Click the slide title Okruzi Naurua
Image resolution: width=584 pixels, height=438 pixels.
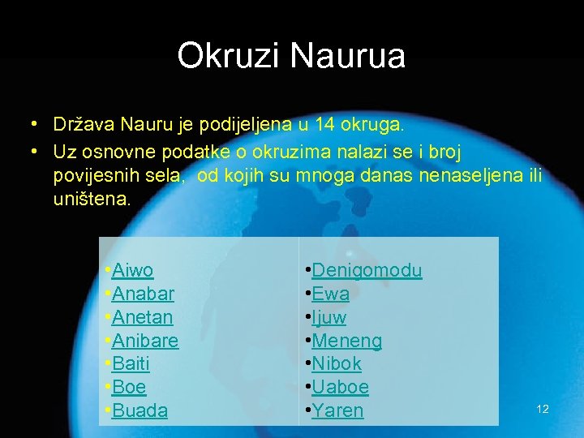click(291, 56)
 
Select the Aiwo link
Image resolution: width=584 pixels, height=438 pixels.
click(133, 270)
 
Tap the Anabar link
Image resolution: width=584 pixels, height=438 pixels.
click(143, 294)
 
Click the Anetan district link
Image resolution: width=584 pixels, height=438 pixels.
click(143, 317)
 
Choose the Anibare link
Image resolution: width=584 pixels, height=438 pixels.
click(145, 341)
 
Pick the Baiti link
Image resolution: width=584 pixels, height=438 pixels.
click(131, 364)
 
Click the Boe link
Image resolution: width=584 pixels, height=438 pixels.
click(129, 387)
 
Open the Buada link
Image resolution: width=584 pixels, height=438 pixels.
click(140, 410)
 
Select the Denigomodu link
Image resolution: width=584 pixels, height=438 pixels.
click(367, 270)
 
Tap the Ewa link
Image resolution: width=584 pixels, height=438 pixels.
click(330, 294)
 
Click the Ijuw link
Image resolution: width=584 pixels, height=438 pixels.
click(328, 317)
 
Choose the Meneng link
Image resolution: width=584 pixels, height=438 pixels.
click(346, 341)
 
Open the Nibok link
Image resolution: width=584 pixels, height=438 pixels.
click(337, 364)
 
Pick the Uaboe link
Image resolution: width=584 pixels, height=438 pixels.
click(340, 387)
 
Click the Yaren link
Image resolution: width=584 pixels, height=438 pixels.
click(337, 410)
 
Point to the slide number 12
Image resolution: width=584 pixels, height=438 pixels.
click(543, 409)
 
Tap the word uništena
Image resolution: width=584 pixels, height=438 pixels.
click(91, 199)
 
